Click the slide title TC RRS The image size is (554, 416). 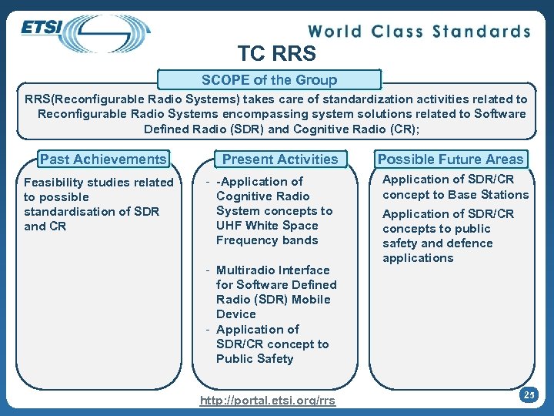coord(276,53)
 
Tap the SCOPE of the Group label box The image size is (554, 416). coord(269,80)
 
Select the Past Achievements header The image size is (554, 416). coord(103,159)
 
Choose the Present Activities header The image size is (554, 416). coord(280,159)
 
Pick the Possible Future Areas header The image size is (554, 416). coord(450,159)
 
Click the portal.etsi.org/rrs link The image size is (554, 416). coord(268,401)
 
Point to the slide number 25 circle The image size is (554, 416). coord(528,395)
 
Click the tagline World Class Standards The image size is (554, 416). coord(419,32)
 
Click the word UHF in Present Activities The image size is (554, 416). coord(230,226)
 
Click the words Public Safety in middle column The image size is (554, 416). coord(255,359)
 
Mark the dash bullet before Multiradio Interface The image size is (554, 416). coord(208,270)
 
